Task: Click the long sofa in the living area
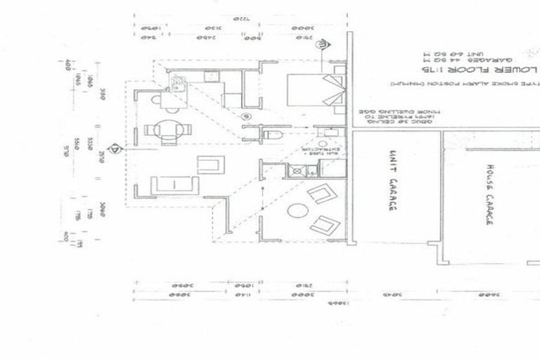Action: click(174, 186)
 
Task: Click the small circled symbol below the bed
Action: click(245, 116)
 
